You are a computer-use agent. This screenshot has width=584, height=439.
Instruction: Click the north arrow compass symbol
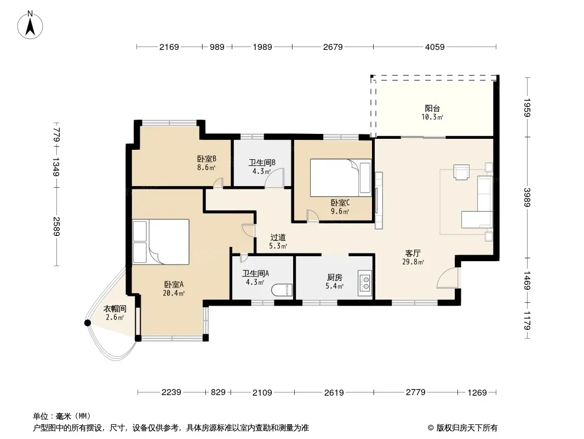coord(30,25)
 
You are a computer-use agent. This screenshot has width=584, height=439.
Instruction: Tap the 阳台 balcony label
coord(432,108)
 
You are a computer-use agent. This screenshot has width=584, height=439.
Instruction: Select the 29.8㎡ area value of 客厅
coord(413,262)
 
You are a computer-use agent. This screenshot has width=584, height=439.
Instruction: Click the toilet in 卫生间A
coord(282,290)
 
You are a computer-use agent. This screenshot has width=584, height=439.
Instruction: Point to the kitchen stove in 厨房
coord(365,283)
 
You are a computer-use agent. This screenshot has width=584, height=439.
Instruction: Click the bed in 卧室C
coord(341,178)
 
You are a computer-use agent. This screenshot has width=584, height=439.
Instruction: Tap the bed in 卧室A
coord(161,242)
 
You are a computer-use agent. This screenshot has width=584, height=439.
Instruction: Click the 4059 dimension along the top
coord(434,47)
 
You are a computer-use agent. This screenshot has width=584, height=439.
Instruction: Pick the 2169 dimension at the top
coord(169,47)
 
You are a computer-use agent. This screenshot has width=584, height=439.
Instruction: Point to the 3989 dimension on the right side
coord(527,198)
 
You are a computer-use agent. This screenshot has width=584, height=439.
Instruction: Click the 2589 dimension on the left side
coord(56,227)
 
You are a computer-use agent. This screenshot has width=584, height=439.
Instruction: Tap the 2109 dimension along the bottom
coord(262,392)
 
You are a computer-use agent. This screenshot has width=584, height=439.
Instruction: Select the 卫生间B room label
coord(262,162)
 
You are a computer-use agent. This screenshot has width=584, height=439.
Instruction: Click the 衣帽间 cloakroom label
coord(114,309)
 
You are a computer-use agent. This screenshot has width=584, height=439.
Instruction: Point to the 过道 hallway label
coord(278,237)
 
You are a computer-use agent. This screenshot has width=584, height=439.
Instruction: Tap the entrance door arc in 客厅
coord(446,278)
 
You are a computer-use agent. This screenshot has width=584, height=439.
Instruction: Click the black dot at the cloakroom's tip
coord(88,323)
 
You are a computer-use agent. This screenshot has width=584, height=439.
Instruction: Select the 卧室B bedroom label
coord(207,159)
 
